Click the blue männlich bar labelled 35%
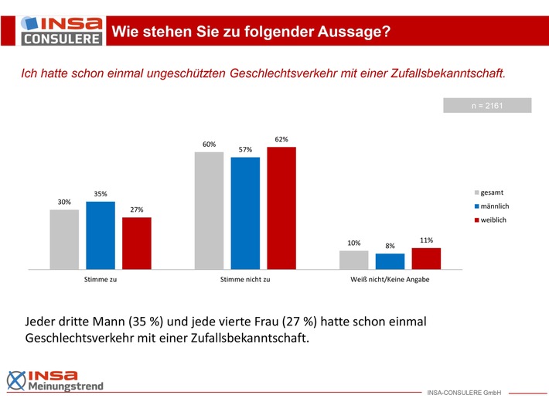[101, 235]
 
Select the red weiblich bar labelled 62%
[281, 208]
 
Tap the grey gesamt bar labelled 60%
[209, 210]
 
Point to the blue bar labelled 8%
[390, 261]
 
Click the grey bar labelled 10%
[354, 260]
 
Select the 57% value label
[245, 149]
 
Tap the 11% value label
[426, 240]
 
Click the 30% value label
[64, 202]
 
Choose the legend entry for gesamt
[492, 191]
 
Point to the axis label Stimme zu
[101, 279]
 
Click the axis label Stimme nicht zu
[245, 279]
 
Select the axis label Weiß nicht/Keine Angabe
[390, 279]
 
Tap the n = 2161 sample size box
[487, 105]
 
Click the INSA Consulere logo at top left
[53, 29]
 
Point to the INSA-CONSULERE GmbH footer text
[464, 393]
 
